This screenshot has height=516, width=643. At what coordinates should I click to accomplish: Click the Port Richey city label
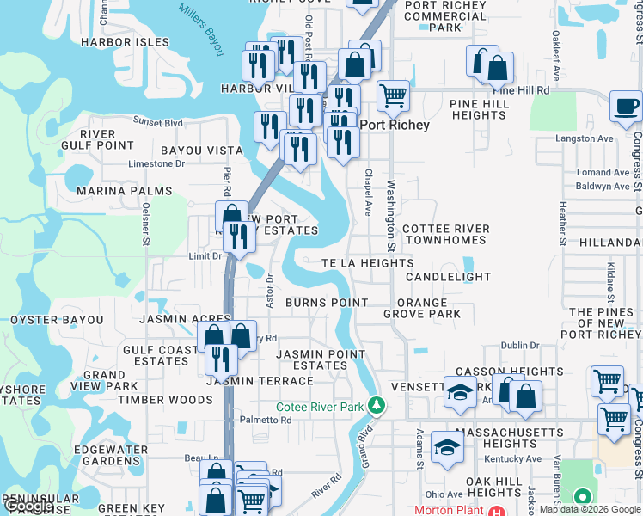394,125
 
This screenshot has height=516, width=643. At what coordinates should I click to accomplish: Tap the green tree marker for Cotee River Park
375,403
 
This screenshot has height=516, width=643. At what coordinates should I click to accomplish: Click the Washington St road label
391,210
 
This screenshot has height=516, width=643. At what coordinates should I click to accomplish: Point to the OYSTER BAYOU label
57,320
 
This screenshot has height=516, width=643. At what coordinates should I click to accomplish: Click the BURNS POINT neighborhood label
327,303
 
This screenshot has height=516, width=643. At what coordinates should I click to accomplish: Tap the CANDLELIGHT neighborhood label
448,277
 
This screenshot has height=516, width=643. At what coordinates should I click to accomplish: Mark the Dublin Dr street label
520,345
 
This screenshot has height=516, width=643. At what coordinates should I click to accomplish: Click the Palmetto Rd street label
266,421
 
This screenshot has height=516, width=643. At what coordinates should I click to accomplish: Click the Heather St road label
562,223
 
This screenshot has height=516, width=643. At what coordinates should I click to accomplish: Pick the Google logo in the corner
28,507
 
